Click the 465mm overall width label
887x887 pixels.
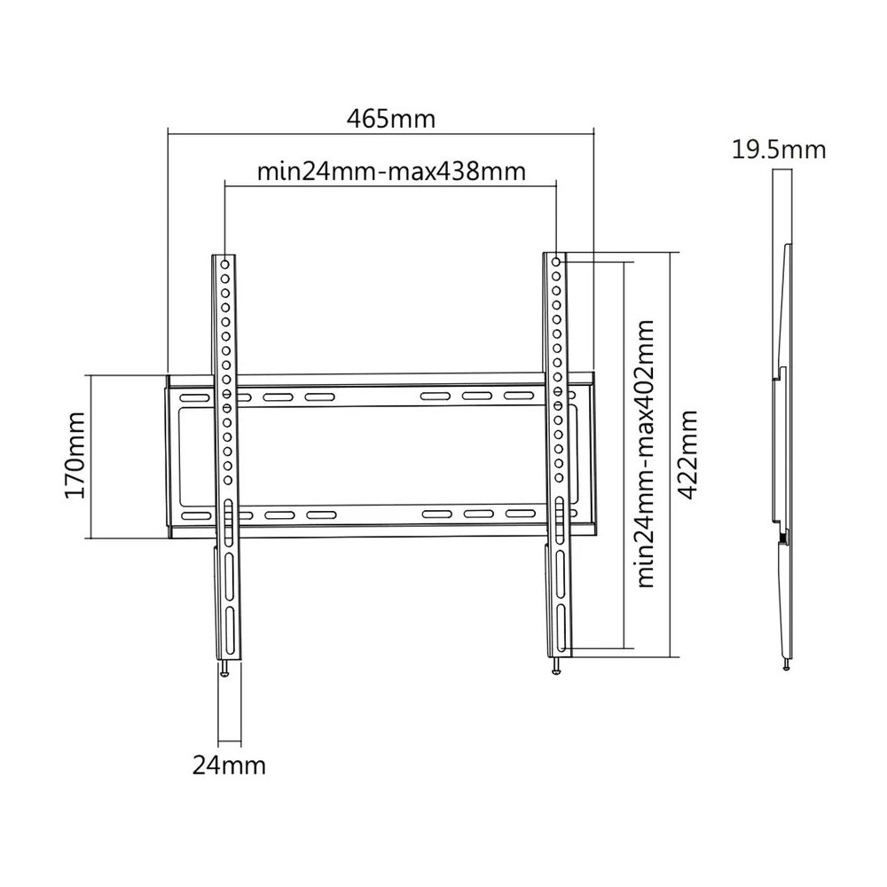coord(391,118)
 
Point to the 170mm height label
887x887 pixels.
coord(75,455)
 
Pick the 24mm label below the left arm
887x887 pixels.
coord(229,764)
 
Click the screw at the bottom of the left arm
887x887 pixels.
coord(226,670)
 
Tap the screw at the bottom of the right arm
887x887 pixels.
coord(556,668)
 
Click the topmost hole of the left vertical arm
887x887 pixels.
coord(225,264)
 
